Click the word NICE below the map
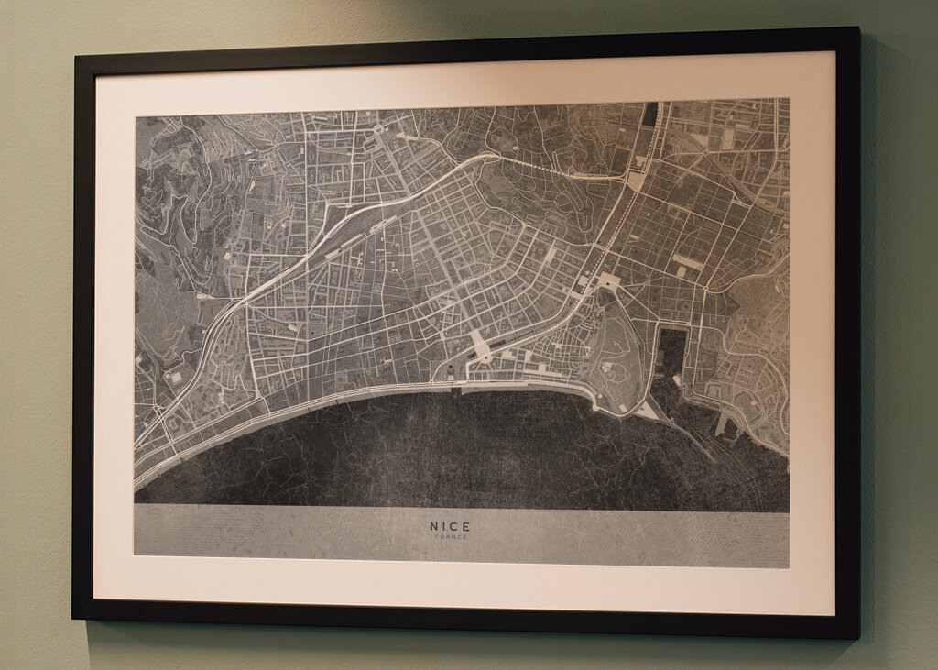[450, 526]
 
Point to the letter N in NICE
[434, 526]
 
